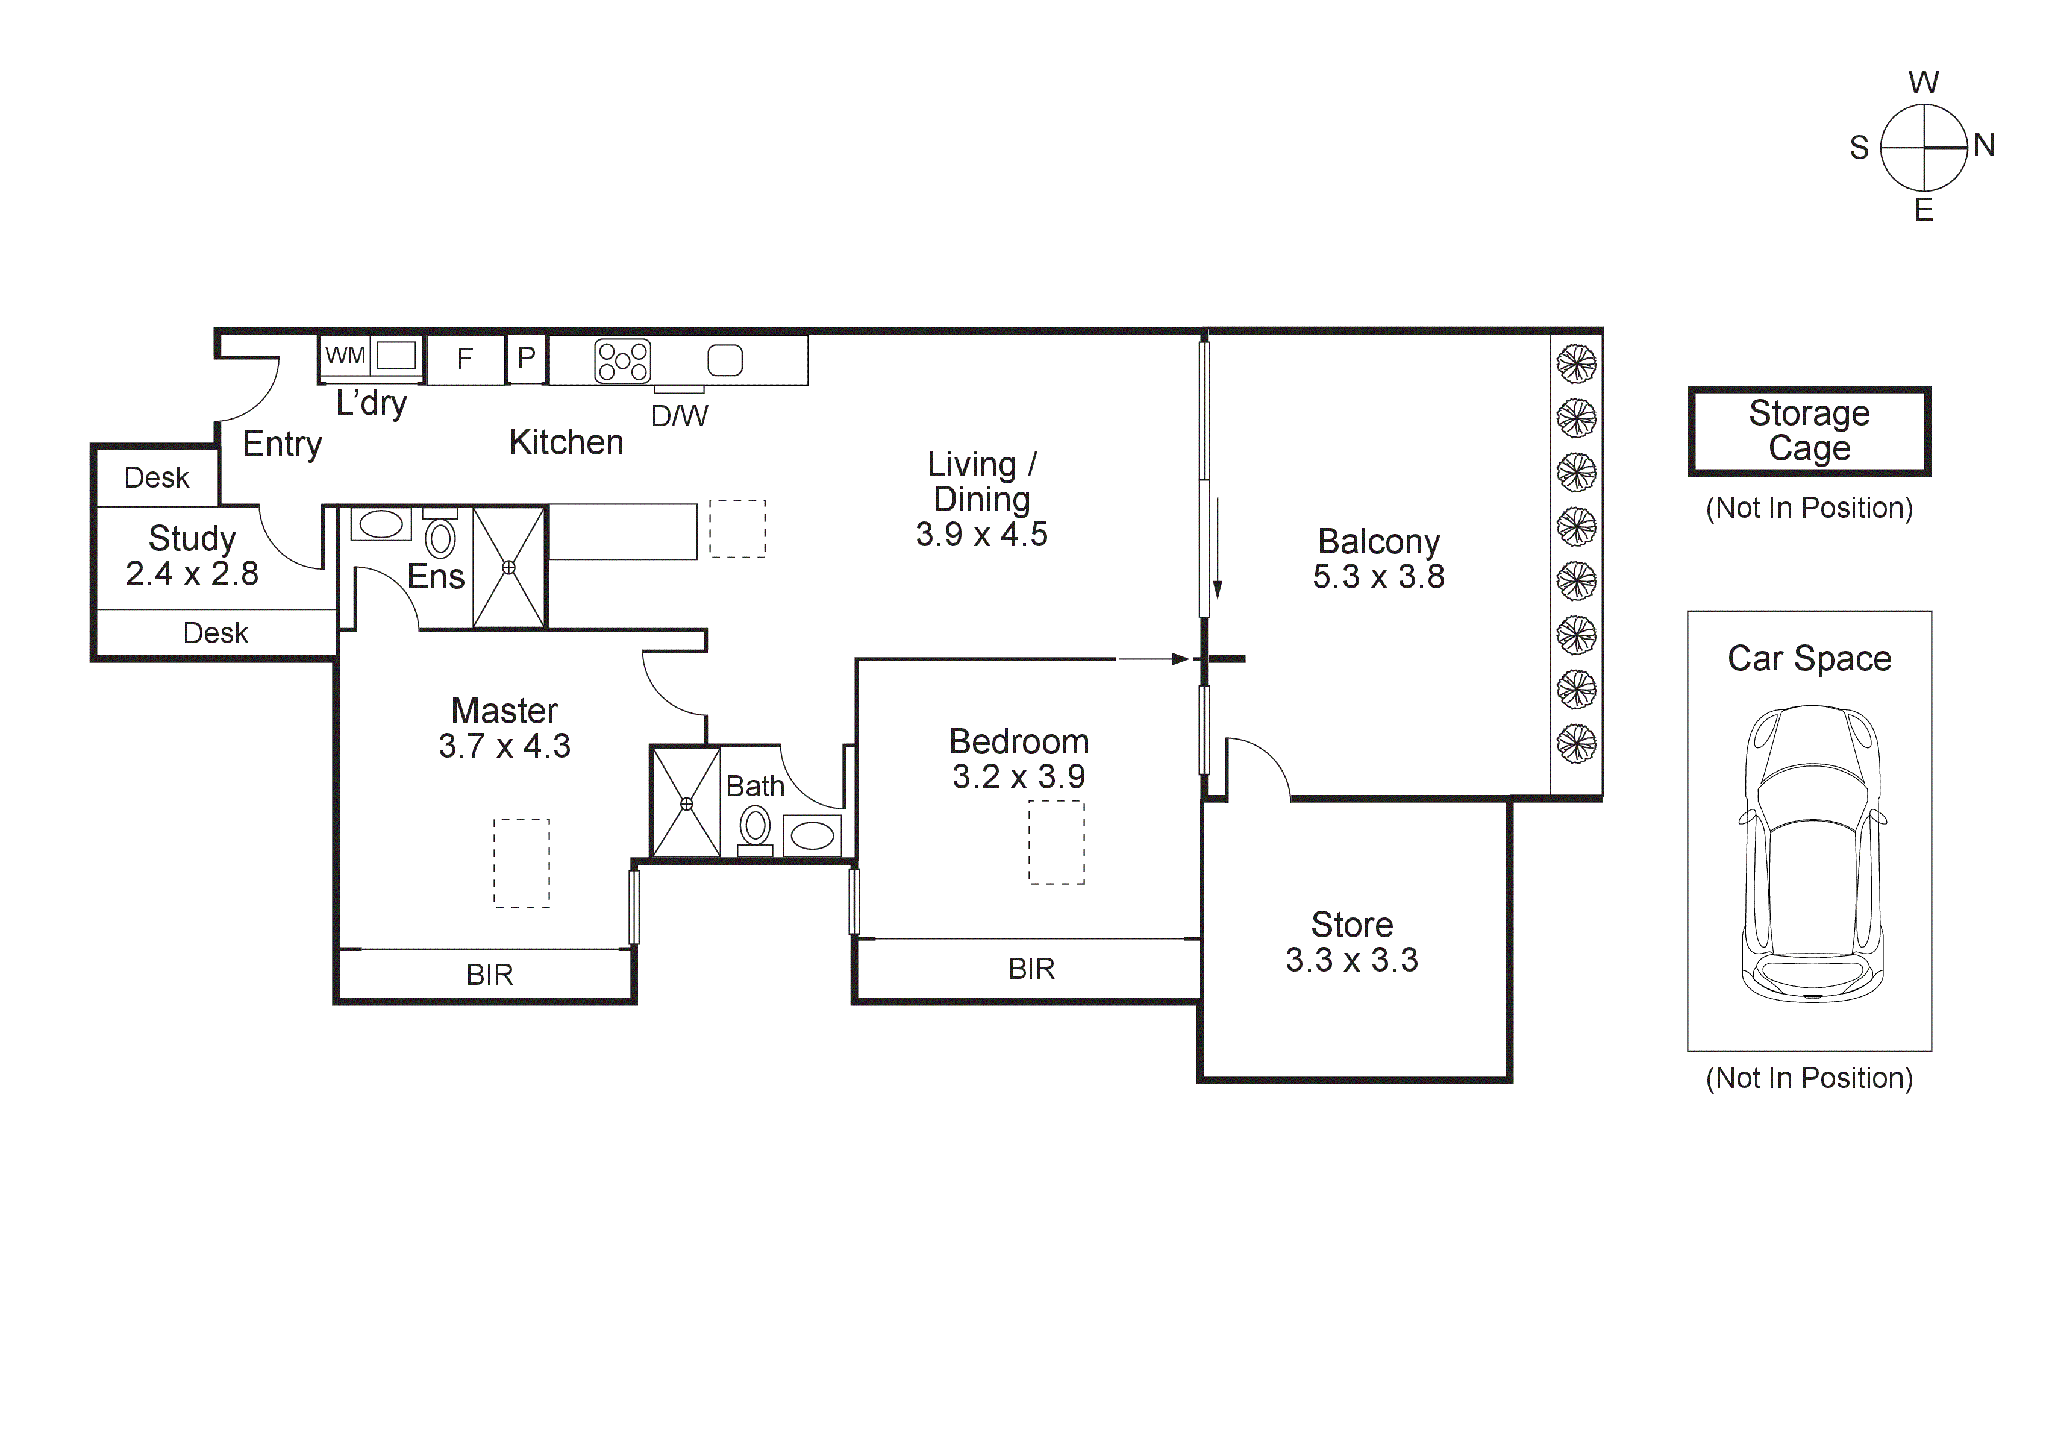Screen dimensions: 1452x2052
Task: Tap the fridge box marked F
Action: (465, 359)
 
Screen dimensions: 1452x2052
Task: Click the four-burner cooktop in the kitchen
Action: (622, 361)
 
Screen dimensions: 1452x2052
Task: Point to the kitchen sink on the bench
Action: (725, 360)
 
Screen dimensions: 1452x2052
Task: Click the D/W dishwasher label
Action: (679, 416)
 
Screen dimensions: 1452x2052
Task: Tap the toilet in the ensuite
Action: (440, 538)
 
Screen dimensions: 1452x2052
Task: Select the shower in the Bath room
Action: (686, 803)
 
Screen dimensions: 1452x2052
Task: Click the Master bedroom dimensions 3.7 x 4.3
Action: (504, 746)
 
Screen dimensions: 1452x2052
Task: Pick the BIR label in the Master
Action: (490, 975)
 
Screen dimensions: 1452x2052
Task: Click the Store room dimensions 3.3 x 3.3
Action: (1351, 960)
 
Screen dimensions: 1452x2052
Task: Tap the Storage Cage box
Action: (1809, 431)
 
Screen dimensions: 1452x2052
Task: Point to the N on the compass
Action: (1984, 145)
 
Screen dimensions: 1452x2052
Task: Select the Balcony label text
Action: (1378, 542)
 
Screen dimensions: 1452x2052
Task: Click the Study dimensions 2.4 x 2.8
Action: (192, 574)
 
